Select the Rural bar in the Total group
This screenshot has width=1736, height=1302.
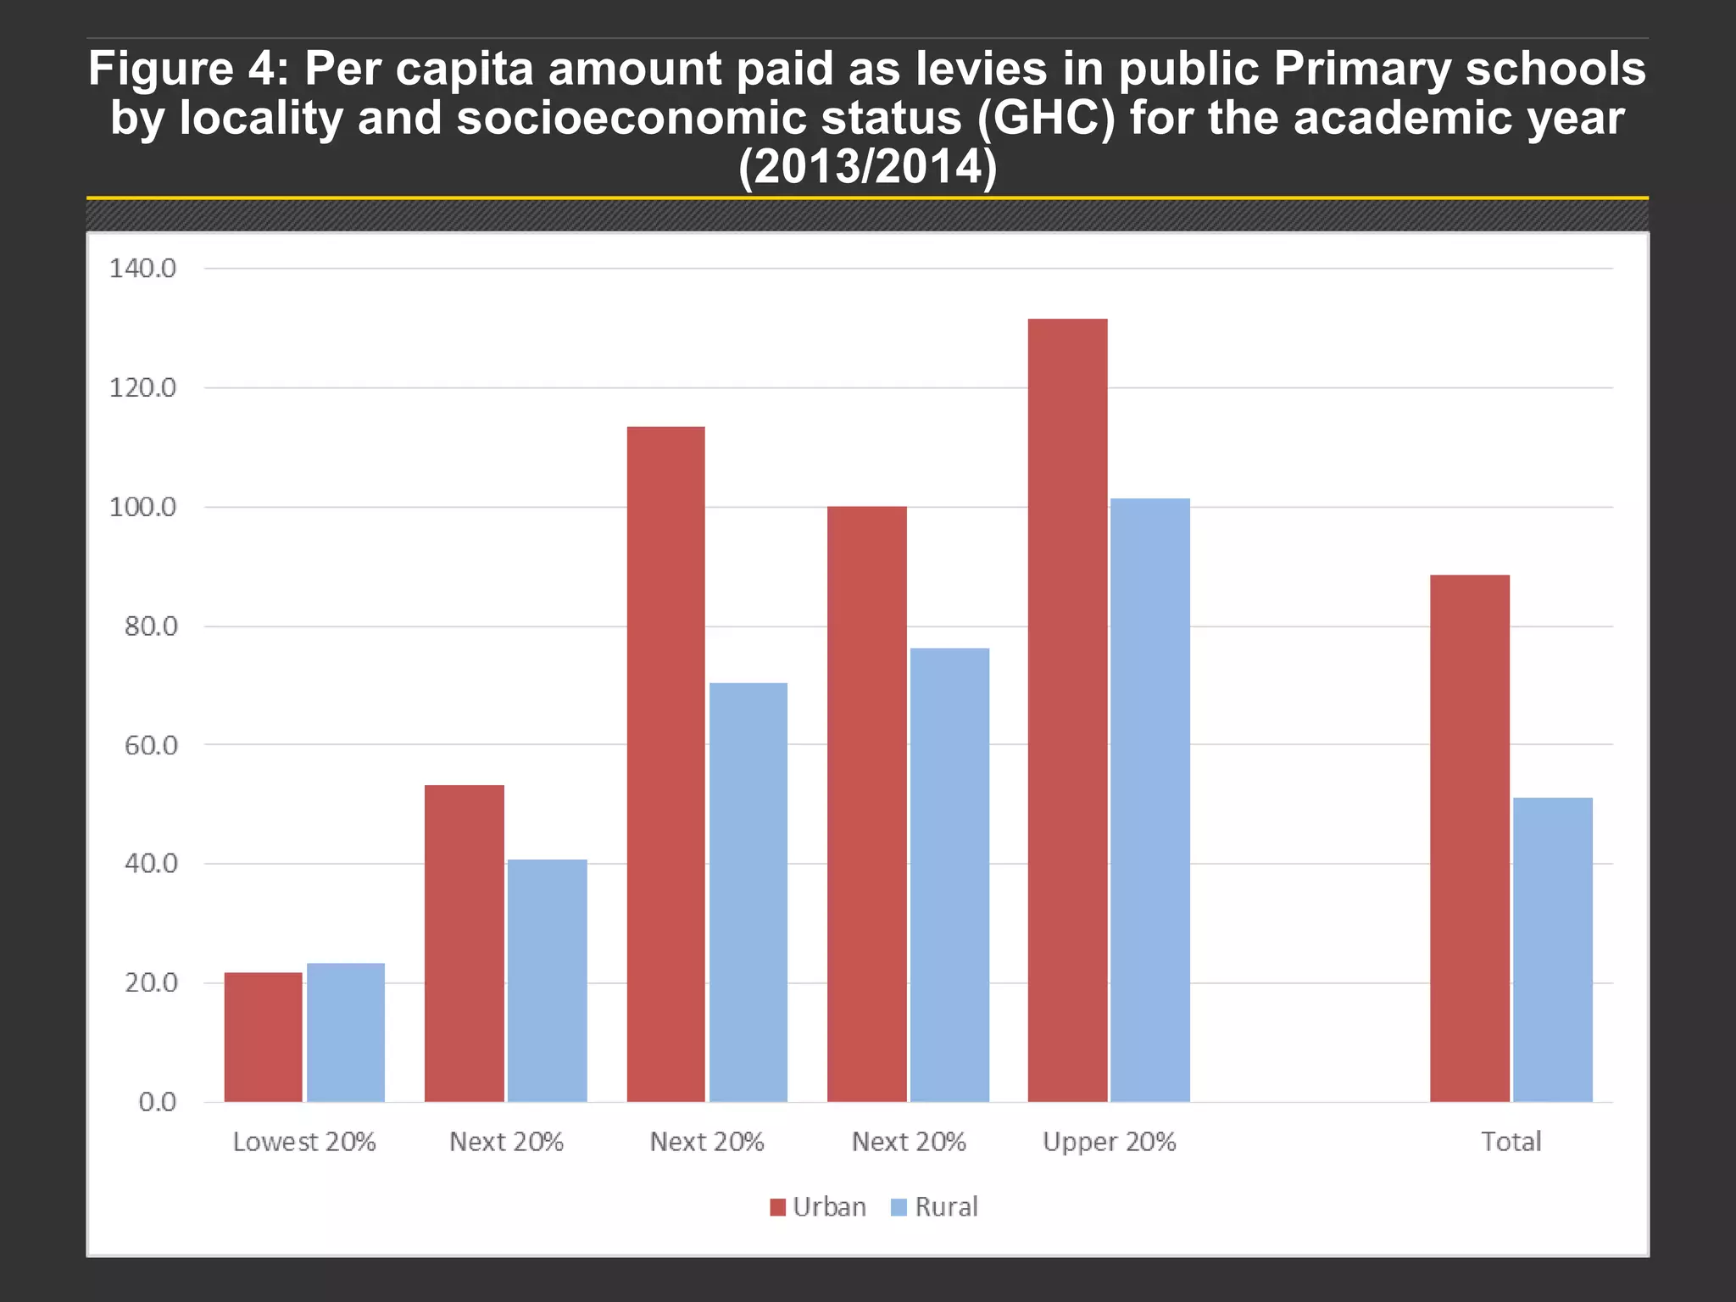click(x=1552, y=949)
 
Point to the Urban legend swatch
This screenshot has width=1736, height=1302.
click(x=777, y=1207)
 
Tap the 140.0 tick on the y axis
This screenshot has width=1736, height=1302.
click(x=142, y=269)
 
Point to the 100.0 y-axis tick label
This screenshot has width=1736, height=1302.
click(x=142, y=508)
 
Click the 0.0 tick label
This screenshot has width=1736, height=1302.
click(x=157, y=1102)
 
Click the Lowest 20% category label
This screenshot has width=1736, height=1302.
click(x=304, y=1142)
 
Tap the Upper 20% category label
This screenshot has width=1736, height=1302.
click(x=1109, y=1142)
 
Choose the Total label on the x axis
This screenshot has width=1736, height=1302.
click(x=1511, y=1142)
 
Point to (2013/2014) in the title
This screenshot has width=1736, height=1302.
click(x=867, y=167)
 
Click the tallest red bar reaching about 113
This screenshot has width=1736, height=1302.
click(x=665, y=764)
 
